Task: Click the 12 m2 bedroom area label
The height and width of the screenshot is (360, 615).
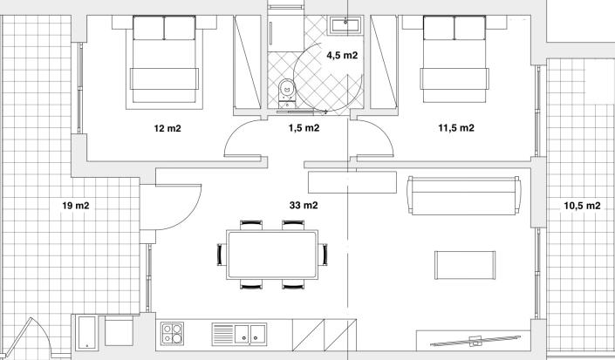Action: click(167, 128)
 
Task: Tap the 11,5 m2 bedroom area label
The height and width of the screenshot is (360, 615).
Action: click(455, 128)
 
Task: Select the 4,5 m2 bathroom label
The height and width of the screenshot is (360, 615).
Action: click(341, 55)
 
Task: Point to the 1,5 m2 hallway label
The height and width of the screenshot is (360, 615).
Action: click(304, 128)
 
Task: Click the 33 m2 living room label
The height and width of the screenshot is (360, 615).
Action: click(303, 206)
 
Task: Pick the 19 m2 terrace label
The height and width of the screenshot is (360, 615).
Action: click(77, 206)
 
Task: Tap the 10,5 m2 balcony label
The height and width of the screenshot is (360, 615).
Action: click(582, 206)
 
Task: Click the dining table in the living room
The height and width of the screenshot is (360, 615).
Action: click(271, 254)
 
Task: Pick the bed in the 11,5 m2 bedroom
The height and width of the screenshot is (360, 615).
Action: click(454, 61)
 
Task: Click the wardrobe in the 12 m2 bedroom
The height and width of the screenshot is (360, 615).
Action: click(248, 65)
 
